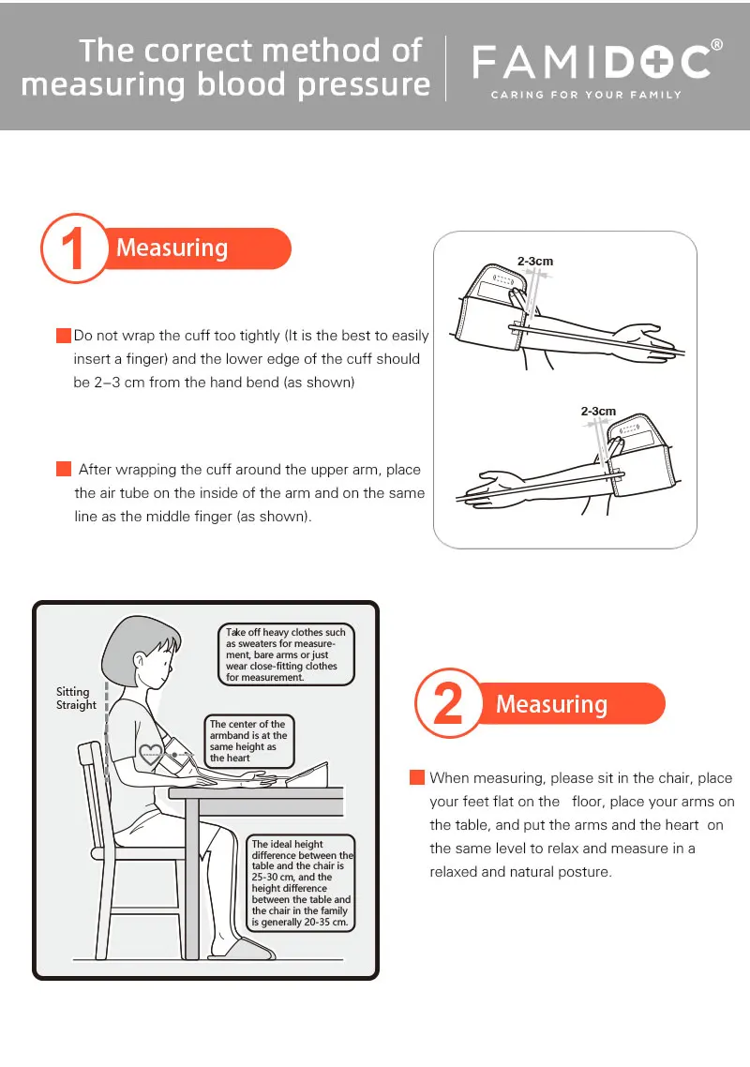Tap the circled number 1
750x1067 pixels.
pos(73,248)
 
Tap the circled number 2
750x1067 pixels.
pos(448,703)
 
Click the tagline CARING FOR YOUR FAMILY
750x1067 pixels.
pos(586,95)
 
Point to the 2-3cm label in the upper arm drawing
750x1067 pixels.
pos(535,261)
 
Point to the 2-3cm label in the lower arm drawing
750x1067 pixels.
pos(598,411)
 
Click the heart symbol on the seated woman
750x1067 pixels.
pos(150,753)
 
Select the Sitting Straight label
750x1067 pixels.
pos(76,699)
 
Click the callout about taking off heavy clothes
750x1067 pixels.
pos(286,654)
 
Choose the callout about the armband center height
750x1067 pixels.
pos(249,741)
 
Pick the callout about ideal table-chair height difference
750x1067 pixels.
pos(301,882)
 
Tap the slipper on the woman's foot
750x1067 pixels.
pos(242,949)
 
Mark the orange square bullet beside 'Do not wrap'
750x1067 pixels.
pos(64,336)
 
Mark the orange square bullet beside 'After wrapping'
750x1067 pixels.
pos(64,469)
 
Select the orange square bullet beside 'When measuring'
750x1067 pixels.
pos(417,777)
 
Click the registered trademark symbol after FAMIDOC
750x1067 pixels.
pos(716,46)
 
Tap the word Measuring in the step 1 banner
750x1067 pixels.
pos(172,248)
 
